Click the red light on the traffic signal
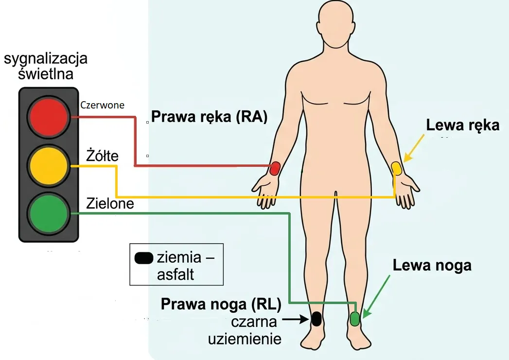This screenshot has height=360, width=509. click(49, 116)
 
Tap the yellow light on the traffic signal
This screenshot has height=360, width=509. click(49, 166)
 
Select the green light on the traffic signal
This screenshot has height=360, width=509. click(49, 214)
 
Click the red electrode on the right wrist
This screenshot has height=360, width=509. click(275, 168)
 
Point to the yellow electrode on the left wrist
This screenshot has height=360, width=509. click(396, 169)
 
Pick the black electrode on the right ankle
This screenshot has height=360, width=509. click(316, 319)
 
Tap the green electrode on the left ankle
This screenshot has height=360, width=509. click(355, 319)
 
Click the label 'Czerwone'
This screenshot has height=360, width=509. click(102, 105)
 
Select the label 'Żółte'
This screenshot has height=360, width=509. click(102, 156)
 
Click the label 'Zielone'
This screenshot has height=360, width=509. click(110, 204)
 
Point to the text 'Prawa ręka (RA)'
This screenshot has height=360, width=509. click(209, 117)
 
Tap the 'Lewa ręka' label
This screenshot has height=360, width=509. click(463, 125)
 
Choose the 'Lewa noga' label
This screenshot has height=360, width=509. click(432, 265)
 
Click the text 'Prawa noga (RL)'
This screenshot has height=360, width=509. click(221, 304)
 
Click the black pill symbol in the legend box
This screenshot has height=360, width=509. click(144, 258)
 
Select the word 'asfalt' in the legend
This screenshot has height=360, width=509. click(176, 274)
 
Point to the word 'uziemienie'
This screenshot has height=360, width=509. click(245, 339)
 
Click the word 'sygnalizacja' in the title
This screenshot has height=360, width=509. click(46, 59)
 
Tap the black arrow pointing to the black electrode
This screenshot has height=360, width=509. click(296, 320)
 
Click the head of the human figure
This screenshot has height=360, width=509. click(335, 23)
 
